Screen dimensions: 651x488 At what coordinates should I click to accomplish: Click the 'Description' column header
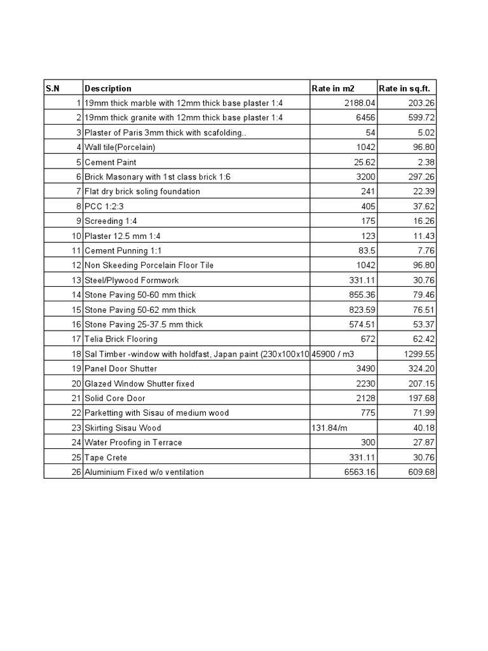(x=108, y=88)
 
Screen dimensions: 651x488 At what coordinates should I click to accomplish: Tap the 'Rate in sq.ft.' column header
(x=408, y=88)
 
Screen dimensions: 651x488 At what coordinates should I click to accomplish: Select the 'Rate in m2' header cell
(x=333, y=88)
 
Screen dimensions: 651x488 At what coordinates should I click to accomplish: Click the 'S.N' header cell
(x=52, y=88)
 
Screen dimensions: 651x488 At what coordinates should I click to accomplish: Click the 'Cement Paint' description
(x=110, y=162)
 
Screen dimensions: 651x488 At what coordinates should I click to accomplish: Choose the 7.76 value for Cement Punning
(x=424, y=250)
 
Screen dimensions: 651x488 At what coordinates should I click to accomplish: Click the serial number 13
(x=76, y=280)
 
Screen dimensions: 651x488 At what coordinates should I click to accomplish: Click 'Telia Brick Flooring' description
(x=121, y=339)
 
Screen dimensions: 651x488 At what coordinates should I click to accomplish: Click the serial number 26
(x=76, y=472)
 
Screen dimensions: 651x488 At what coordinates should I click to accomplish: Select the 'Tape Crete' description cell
(x=105, y=457)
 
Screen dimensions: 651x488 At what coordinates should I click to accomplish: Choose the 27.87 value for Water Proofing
(x=423, y=442)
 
